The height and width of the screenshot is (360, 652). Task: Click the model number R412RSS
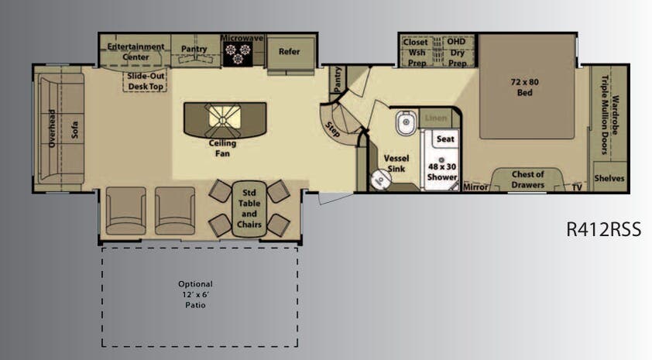click(x=605, y=230)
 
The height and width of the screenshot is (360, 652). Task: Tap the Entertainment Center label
click(x=136, y=51)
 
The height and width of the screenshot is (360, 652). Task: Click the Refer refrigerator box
click(x=288, y=52)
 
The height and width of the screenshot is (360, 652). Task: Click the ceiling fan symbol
click(x=223, y=117)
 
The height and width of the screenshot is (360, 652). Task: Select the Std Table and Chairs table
click(x=249, y=208)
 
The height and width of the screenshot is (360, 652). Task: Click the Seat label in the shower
click(x=444, y=139)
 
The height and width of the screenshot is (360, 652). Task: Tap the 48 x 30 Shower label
click(x=442, y=171)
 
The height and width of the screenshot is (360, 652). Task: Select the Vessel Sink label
click(x=396, y=163)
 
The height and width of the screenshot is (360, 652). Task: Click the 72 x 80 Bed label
click(x=525, y=87)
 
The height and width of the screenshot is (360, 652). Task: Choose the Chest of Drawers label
click(x=528, y=179)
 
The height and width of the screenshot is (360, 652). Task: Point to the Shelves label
click(x=609, y=178)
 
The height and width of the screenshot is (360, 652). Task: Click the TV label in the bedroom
click(x=577, y=187)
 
